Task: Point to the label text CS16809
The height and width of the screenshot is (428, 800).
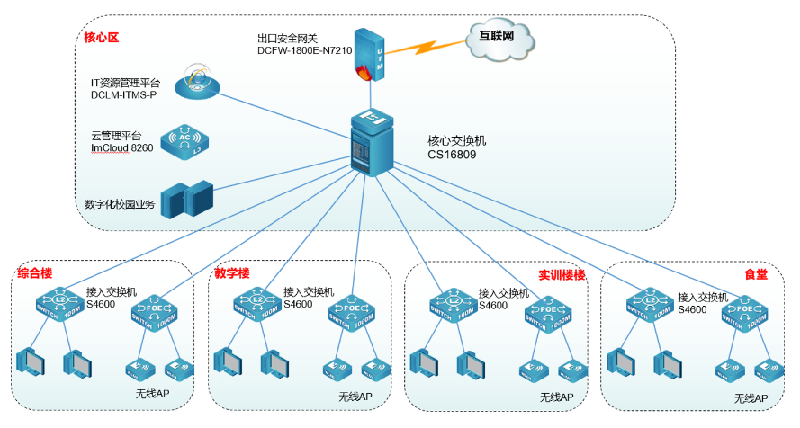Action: (452, 155)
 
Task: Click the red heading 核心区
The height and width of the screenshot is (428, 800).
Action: (101, 38)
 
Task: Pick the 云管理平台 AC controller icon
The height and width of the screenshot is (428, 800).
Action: (184, 141)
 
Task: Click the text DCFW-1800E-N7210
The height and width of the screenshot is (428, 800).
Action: (304, 50)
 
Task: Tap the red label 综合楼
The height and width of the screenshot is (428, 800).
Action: (33, 272)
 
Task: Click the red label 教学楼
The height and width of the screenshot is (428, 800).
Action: (231, 272)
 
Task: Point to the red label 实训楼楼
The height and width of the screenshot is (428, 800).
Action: (562, 274)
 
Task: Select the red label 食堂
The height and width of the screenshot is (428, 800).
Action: (756, 274)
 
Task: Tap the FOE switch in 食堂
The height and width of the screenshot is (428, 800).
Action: (746, 310)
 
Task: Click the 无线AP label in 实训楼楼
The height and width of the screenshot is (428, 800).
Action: (557, 397)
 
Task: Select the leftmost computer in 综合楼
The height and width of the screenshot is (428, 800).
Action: (31, 361)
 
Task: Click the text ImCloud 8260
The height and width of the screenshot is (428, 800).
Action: (122, 148)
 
